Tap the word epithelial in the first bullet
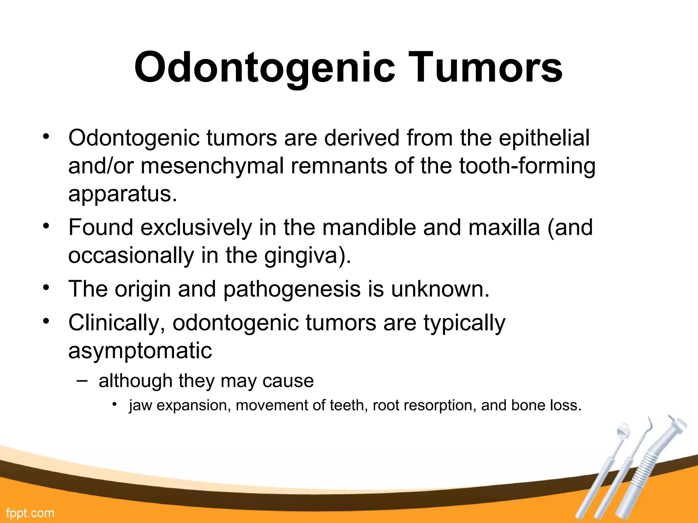[x=544, y=138]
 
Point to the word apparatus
[x=122, y=194]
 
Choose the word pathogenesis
[x=292, y=289]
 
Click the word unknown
[x=440, y=289]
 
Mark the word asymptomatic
[x=140, y=351]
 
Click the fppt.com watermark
[x=30, y=513]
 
